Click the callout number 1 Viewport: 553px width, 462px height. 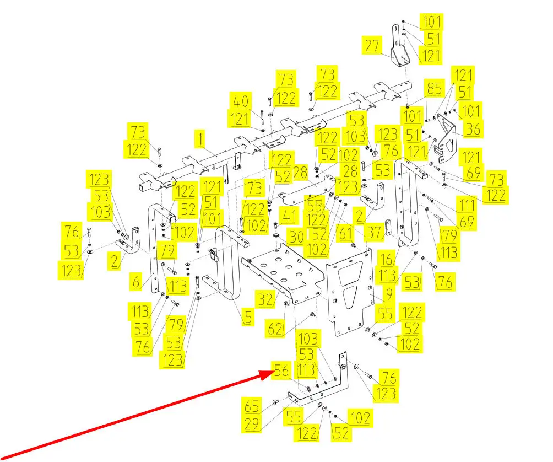pyautogui.click(x=200, y=139)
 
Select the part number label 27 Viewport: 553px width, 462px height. pyautogui.click(x=372, y=46)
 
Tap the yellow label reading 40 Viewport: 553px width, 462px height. pyautogui.click(x=241, y=101)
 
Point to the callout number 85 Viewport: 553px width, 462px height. pyautogui.click(x=434, y=88)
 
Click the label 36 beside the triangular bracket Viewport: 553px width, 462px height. pyautogui.click(x=473, y=129)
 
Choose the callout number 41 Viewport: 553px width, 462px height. pyautogui.click(x=289, y=216)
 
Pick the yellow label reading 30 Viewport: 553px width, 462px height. pyautogui.click(x=296, y=237)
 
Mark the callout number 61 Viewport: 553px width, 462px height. pyautogui.click(x=345, y=233)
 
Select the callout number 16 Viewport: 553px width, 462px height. pyautogui.click(x=387, y=259)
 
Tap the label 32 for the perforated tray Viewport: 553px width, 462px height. pyautogui.click(x=265, y=299)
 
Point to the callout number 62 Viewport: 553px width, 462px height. pyautogui.click(x=275, y=329)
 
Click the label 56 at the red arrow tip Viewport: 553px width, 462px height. pyautogui.click(x=281, y=370)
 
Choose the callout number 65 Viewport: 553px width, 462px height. pyautogui.click(x=252, y=406)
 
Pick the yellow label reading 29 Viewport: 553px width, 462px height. pyautogui.click(x=252, y=423)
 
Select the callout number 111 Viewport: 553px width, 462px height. pyautogui.click(x=467, y=205)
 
